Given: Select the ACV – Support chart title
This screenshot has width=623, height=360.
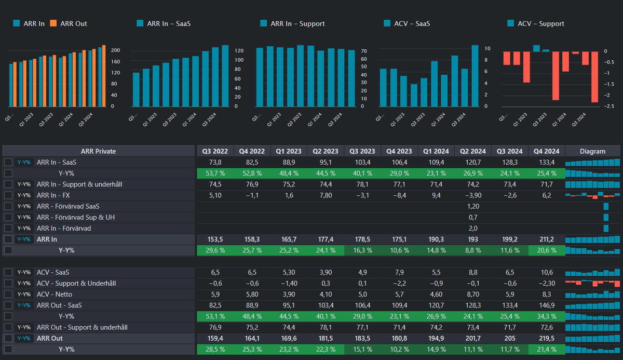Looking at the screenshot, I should point(540,23).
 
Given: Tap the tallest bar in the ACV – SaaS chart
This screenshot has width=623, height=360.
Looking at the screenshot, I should point(475,76).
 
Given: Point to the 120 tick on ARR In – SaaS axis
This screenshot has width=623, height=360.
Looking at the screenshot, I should point(238,50).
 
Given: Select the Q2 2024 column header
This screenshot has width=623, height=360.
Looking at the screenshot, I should point(472,151).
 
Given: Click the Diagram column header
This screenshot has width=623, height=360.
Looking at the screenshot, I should point(593,151).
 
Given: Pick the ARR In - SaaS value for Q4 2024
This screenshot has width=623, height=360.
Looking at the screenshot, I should point(546,162).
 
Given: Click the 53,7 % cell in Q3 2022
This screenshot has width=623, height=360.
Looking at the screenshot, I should point(215,173).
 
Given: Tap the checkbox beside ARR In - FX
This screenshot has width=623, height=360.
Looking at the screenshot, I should point(8,195).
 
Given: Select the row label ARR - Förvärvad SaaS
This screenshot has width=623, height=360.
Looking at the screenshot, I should point(68,206).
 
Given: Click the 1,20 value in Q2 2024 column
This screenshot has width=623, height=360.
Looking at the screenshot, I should point(472,206).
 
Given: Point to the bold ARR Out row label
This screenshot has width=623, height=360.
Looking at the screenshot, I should point(49,338).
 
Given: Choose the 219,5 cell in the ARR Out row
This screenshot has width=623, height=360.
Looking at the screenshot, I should point(546,338).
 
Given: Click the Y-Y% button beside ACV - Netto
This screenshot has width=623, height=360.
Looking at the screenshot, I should point(24,294).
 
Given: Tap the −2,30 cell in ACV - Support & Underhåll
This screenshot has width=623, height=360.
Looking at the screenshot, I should point(546,283).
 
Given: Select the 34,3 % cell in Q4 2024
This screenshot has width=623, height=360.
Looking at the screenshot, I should point(546,316).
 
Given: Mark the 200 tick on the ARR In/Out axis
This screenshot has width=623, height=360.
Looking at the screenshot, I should point(116,50).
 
